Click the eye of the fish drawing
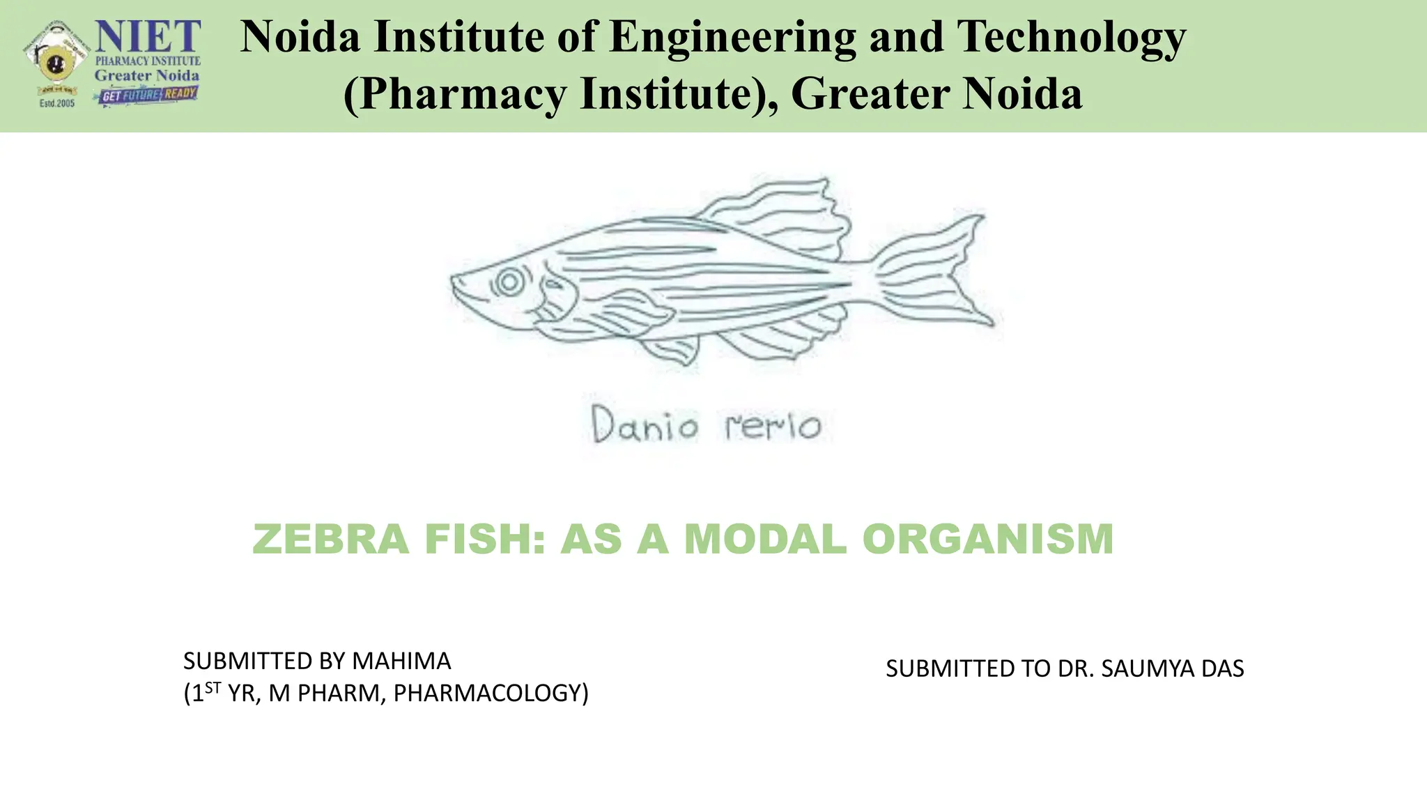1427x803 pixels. point(509,282)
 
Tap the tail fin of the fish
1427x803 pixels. point(934,272)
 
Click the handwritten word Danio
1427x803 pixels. point(645,425)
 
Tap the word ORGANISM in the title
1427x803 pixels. point(988,539)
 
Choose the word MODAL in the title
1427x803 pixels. point(765,539)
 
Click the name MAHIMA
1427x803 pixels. point(401,660)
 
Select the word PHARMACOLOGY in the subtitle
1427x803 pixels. point(491,694)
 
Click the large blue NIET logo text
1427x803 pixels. point(148,36)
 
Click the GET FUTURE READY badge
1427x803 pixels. point(146,95)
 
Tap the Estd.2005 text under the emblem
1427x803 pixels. point(56,103)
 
